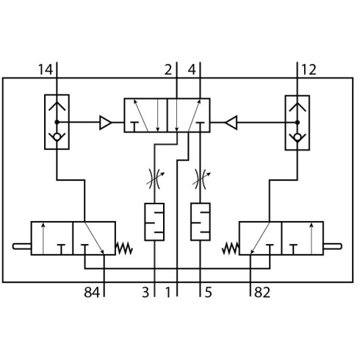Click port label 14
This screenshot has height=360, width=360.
pyautogui.click(x=46, y=70)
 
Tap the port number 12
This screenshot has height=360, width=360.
pyautogui.click(x=309, y=70)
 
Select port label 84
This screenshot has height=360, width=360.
pyautogui.click(x=92, y=292)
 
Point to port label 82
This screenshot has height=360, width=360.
pyautogui.click(x=262, y=292)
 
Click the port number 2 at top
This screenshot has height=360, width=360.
pyautogui.click(x=168, y=70)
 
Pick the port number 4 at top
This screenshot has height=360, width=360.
pyautogui.click(x=192, y=70)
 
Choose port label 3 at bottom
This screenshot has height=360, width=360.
pyautogui.click(x=145, y=292)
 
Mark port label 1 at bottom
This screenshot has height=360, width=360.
pyautogui.click(x=168, y=292)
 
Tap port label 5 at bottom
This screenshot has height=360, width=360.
pyautogui.click(x=208, y=292)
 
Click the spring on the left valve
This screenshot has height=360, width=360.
pyautogui.click(x=124, y=248)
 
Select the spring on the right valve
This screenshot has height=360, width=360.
pyautogui.click(x=231, y=248)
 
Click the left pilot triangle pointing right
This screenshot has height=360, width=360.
pyautogui.click(x=106, y=123)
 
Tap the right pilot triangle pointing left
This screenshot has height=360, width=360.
pyautogui.click(x=231, y=123)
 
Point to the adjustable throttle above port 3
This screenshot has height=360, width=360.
pyautogui.click(x=154, y=179)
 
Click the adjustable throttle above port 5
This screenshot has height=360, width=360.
pyautogui.click(x=201, y=179)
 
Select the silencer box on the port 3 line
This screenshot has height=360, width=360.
pyautogui.click(x=154, y=222)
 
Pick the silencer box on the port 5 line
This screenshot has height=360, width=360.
pyautogui.click(x=201, y=222)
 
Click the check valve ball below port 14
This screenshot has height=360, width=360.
pyautogui.click(x=57, y=137)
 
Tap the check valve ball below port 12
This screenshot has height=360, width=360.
pyautogui.click(x=298, y=137)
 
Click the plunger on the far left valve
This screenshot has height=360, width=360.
pyautogui.click(x=22, y=246)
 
